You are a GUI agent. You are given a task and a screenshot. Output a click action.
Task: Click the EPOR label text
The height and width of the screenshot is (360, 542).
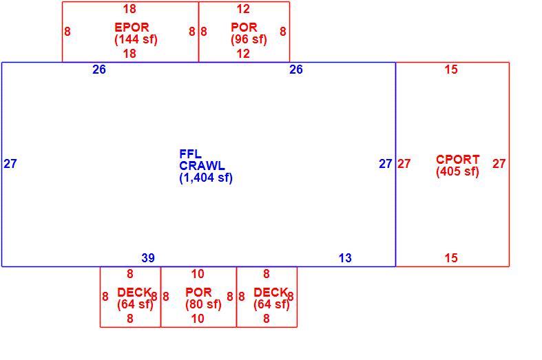coord(132,28)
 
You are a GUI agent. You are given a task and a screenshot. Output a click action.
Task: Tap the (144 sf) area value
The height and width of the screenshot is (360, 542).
coord(136,39)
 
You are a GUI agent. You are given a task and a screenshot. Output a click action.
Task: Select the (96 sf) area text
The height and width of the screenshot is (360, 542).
coord(249,39)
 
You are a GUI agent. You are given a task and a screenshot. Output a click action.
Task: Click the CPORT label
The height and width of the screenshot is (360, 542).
coord(458,160)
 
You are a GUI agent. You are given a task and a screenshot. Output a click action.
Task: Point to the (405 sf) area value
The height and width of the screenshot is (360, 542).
coord(458,171)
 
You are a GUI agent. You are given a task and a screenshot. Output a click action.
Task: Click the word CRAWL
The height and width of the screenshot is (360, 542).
coord(202,166)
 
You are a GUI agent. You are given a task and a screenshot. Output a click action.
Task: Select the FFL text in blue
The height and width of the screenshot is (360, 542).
coord(191,154)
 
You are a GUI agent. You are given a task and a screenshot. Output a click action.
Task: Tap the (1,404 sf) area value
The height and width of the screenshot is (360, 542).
coord(206,178)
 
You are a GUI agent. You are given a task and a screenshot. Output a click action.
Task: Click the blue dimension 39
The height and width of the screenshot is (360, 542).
coord(148,258)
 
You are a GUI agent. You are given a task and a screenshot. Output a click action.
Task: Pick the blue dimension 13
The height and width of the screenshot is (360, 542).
coord(345,258)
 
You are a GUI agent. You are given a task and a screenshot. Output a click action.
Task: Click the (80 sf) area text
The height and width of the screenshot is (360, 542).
coord(203,304)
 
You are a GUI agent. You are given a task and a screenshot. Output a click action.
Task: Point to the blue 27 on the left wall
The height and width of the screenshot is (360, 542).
coord(10,164)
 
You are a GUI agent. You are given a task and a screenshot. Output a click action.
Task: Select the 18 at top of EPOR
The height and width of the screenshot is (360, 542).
coord(129,9)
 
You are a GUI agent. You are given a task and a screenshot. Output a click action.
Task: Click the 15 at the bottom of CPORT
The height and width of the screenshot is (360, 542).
coord(451,258)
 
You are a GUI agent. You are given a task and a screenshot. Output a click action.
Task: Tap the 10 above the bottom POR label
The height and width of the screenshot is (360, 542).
coord(198,275)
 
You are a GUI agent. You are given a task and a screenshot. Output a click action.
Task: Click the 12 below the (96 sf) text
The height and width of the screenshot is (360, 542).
coord(243,54)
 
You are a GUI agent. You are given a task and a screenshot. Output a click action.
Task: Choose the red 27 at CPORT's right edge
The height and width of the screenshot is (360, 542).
coord(499,164)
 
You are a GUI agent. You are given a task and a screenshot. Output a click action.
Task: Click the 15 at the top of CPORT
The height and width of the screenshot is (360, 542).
coord(451,70)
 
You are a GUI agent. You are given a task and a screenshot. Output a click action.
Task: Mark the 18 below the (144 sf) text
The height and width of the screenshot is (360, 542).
coord(129,54)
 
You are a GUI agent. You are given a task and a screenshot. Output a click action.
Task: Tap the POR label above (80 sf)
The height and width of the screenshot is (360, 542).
coord(198,293)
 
